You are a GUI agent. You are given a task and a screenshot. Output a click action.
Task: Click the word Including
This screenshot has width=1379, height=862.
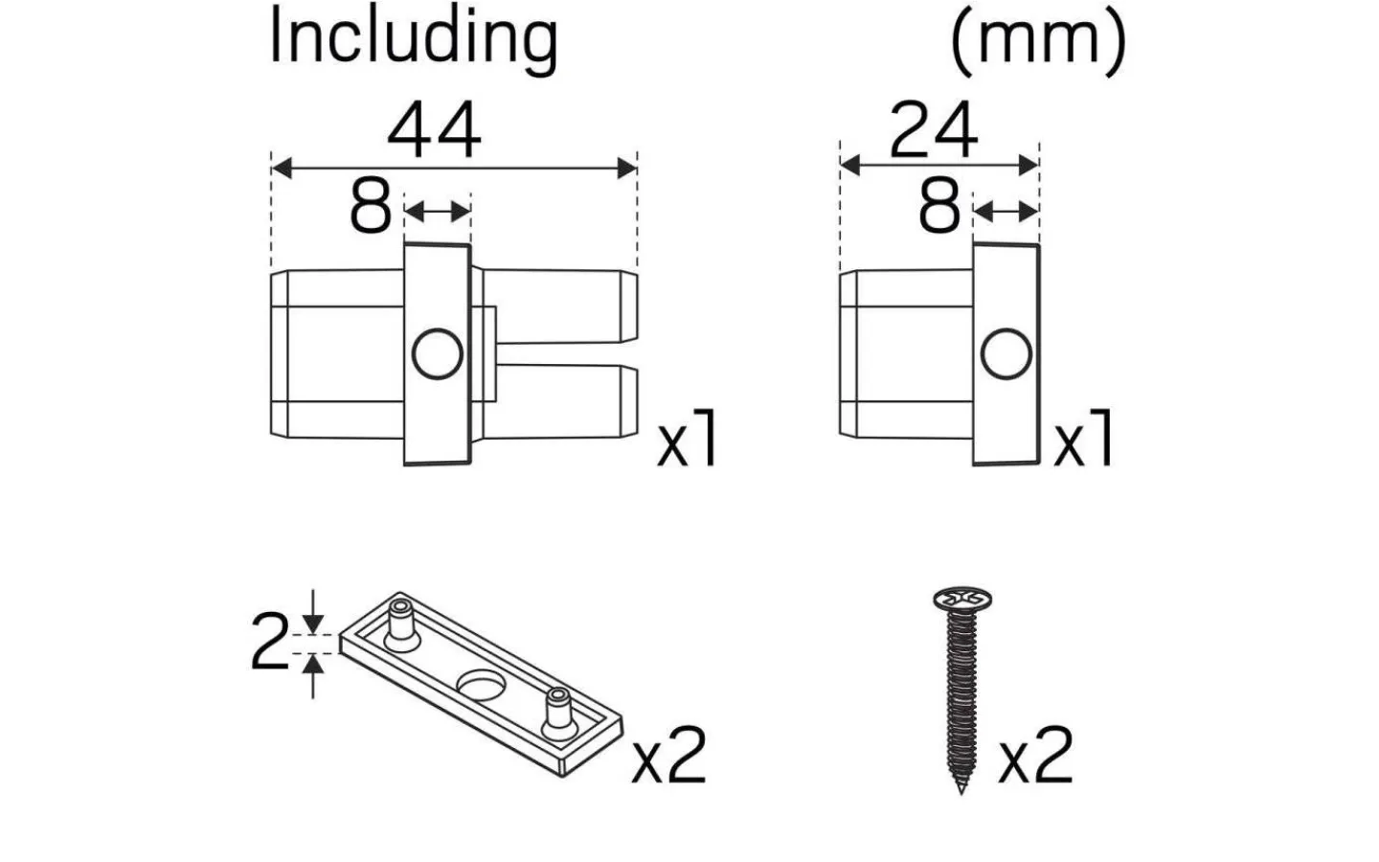pos(413,38)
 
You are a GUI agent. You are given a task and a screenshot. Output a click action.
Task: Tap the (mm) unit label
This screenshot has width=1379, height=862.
pos(1038,40)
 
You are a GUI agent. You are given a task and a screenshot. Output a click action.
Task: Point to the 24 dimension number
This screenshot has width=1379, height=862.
pos(934,131)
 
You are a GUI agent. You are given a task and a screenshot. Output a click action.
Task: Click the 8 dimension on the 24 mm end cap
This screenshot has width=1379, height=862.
pos(939,206)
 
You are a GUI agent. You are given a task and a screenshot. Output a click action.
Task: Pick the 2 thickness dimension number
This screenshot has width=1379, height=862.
pos(269,643)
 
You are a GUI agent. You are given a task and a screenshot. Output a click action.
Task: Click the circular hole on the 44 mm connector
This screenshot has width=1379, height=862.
pos(438,353)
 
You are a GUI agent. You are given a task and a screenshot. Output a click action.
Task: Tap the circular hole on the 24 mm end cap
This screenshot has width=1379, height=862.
pos(1006,353)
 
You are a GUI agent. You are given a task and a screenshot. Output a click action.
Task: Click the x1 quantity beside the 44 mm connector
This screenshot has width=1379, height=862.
pos(687,441)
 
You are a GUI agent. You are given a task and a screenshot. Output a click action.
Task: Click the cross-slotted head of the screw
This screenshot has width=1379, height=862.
pos(961,601)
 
